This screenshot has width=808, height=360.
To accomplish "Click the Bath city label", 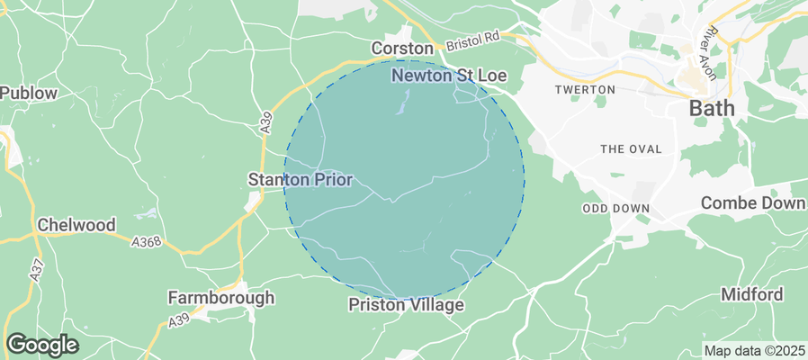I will (711, 109).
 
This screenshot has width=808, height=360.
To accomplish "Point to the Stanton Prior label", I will (300, 180).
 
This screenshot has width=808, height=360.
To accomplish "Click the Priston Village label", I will (406, 305).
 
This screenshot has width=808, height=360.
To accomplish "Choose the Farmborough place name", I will (221, 297).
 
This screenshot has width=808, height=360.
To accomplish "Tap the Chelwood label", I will (76, 224).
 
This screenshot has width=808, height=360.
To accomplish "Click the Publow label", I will (28, 93).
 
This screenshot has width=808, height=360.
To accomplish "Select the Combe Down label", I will (753, 202).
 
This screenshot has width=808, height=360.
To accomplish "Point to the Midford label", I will (751, 294).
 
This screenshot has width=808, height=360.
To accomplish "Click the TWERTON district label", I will (585, 90).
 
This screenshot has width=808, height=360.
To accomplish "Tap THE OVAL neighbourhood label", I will (630, 148).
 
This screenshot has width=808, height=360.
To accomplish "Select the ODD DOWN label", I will (615, 207).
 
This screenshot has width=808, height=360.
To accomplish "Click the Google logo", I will (41, 344).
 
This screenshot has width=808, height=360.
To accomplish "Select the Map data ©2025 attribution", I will (754, 350).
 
